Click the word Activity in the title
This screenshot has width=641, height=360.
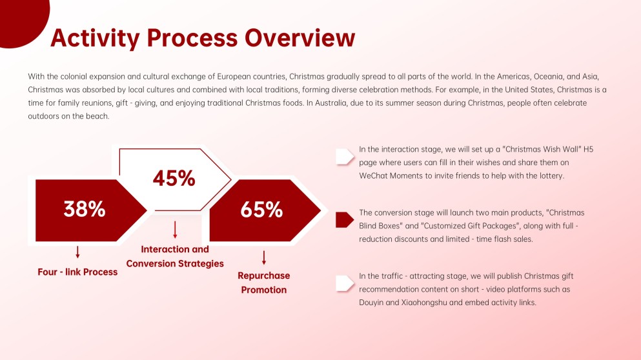coord(95,39)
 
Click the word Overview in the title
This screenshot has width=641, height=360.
coord(300,38)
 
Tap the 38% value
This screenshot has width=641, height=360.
coord(84,209)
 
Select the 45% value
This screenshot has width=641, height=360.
coord(174,179)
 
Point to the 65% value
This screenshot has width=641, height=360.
coord(261,210)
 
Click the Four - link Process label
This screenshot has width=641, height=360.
coord(77,272)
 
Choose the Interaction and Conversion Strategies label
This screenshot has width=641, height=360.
coord(175,257)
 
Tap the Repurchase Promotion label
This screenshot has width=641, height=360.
coord(263,283)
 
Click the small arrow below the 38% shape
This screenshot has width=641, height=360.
coord(77,252)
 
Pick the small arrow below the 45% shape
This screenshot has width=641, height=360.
coord(175,230)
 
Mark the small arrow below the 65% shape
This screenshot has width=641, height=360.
coord(263,258)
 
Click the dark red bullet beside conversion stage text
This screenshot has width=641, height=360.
coord(345,220)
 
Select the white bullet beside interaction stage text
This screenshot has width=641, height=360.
coord(345,157)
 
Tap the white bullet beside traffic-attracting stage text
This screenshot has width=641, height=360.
coord(345,283)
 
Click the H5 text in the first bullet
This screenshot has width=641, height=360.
coord(588,149)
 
